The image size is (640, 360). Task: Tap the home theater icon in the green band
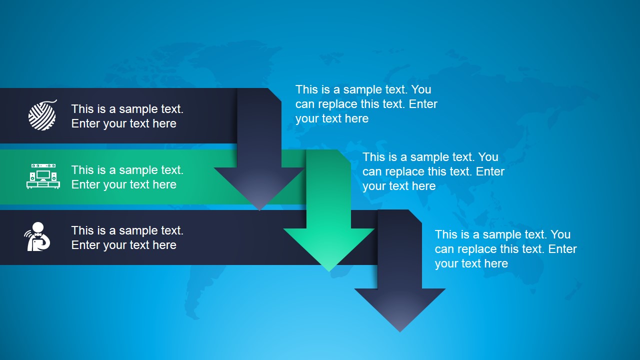(x=43, y=176)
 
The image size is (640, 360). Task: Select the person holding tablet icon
(x=37, y=237)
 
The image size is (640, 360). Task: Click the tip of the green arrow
(x=329, y=270)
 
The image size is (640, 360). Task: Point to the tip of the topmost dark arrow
(x=259, y=209)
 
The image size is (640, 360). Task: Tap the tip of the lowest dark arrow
(x=400, y=330)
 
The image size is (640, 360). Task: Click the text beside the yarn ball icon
(x=127, y=116)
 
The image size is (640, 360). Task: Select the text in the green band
(x=127, y=177)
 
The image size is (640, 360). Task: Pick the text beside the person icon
(x=127, y=237)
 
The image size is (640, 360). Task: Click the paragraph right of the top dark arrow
(x=366, y=104)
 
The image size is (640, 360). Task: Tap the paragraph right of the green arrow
(x=433, y=171)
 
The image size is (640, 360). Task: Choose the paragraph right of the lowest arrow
(x=505, y=249)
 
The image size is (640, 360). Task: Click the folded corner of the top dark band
(x=274, y=94)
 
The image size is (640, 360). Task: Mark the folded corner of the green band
(x=343, y=155)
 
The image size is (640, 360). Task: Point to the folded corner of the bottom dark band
(x=415, y=215)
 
